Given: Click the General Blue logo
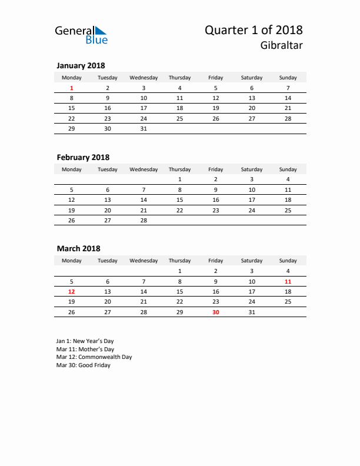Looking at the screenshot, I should point(81,35).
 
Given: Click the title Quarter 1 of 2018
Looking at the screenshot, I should point(254,30).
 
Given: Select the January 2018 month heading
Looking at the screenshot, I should point(81,66).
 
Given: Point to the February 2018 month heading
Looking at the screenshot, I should point(83,158).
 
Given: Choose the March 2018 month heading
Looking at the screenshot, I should point(78,249).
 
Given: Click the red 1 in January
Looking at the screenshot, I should point(72,88).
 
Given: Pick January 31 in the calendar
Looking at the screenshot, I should point(144,128).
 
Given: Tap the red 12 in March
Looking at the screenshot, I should point(72,291).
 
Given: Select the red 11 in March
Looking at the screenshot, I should point(288,281).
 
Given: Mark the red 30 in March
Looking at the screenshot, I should point(216,312).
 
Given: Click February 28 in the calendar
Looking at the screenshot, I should point(144,220).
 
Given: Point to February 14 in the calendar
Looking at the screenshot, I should point(144,200).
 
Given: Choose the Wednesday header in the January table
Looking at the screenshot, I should point(144,78).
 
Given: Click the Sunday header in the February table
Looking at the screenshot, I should point(288,169).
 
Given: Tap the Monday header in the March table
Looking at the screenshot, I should point(72,261).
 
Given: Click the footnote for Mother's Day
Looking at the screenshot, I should point(85,349).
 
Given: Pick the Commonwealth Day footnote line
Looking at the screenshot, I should point(94,357).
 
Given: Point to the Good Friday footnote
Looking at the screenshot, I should point(84,365).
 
